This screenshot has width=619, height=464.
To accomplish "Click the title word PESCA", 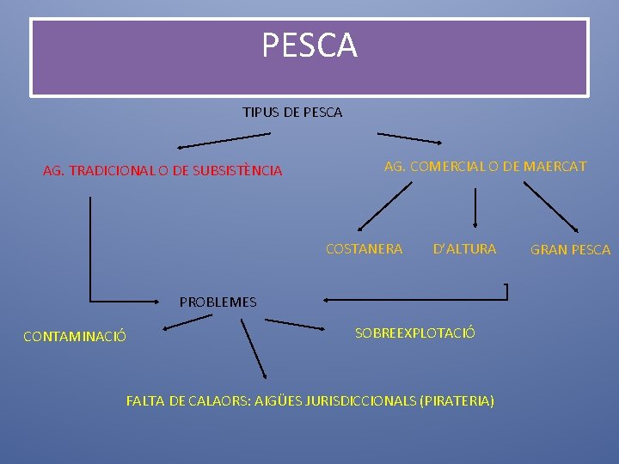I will (x=309, y=46).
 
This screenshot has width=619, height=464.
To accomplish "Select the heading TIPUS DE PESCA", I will (x=292, y=113).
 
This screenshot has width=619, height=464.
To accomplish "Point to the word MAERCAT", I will (x=556, y=166).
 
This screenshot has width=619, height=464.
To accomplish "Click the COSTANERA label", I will (x=364, y=249).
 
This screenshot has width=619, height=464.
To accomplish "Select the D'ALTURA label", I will (x=464, y=249).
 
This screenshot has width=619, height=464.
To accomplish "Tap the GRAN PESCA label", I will (x=570, y=250).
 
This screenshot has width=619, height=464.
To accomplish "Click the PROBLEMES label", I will (x=218, y=302).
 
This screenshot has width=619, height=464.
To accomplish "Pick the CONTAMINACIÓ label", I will (x=75, y=337).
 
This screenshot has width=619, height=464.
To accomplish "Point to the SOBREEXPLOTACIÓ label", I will (x=414, y=333).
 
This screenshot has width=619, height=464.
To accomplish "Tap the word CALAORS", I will (x=219, y=400).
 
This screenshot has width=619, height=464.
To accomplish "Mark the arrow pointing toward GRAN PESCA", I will (x=551, y=206).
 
